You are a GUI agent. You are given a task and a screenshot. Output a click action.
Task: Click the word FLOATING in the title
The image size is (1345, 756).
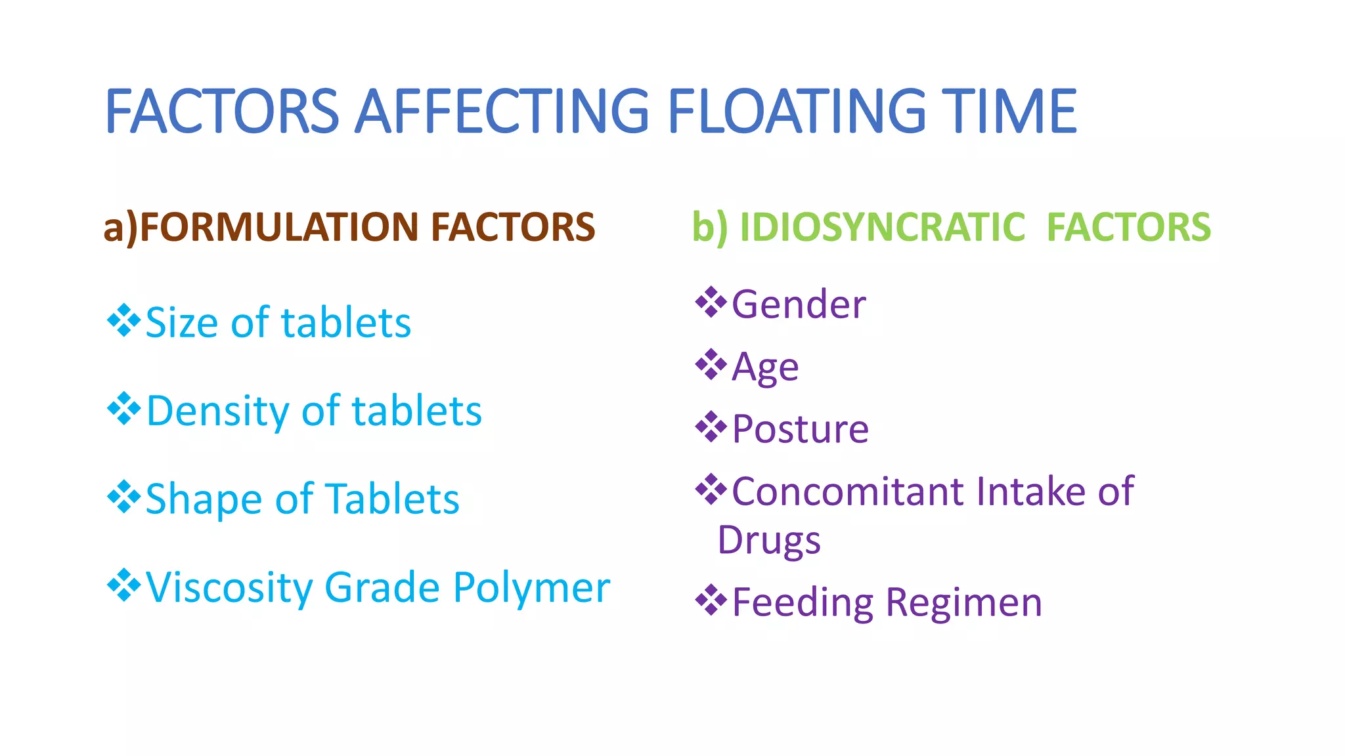[796, 112]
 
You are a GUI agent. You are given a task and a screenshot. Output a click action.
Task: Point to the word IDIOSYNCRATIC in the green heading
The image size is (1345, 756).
[882, 227]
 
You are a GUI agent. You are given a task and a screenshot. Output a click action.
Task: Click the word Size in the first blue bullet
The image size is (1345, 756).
[183, 323]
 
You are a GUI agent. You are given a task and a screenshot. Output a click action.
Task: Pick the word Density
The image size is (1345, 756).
[217, 412]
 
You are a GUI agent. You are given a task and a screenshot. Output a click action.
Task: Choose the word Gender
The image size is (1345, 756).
[799, 305]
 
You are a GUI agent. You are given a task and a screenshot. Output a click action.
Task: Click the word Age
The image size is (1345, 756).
[765, 367]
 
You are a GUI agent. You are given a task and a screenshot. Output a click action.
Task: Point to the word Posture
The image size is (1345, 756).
[800, 430]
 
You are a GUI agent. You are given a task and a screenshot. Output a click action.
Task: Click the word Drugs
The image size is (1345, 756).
[768, 541]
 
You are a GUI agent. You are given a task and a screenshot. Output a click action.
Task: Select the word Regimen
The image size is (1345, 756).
[963, 602]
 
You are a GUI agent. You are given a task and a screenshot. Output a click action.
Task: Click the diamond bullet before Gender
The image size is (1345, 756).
[711, 302]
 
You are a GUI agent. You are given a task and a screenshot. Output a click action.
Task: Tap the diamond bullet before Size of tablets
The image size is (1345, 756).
[123, 320]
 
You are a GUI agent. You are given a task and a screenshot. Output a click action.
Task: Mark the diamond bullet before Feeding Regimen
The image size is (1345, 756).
[711, 600]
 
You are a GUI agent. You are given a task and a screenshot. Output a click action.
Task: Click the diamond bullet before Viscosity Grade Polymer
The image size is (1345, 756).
[123, 585]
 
